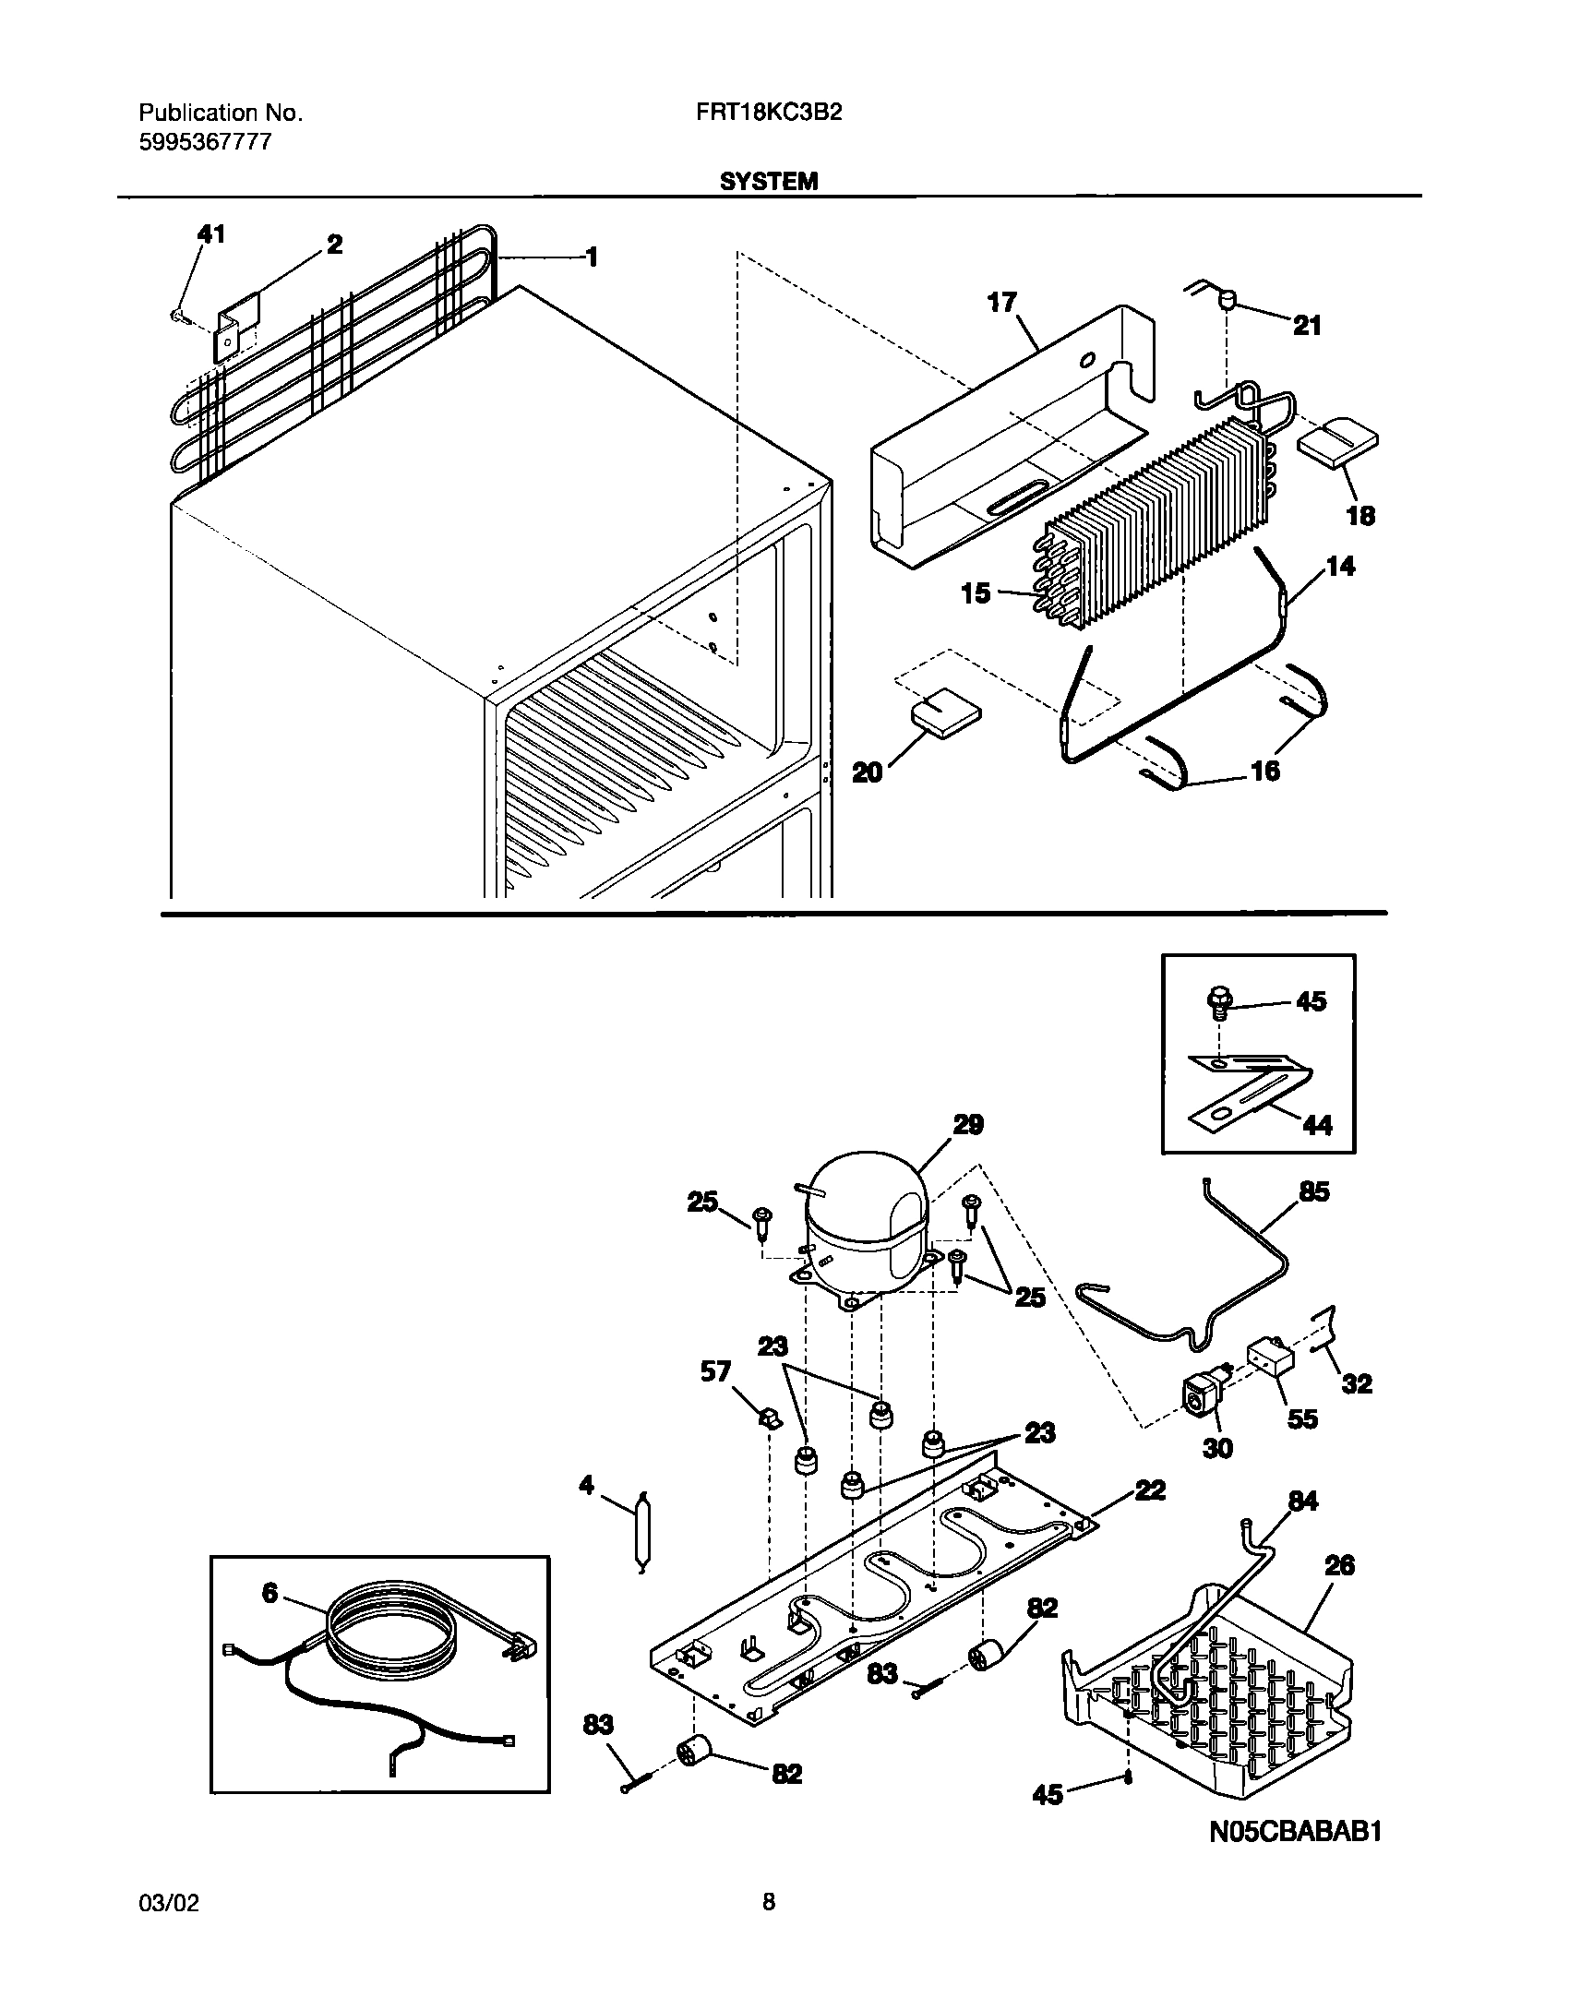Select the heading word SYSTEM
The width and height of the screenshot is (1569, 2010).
(768, 182)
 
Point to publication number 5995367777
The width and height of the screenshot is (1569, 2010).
(205, 142)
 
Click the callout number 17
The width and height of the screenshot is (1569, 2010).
(1002, 303)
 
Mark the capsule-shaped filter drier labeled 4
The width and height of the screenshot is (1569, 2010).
(641, 1534)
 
